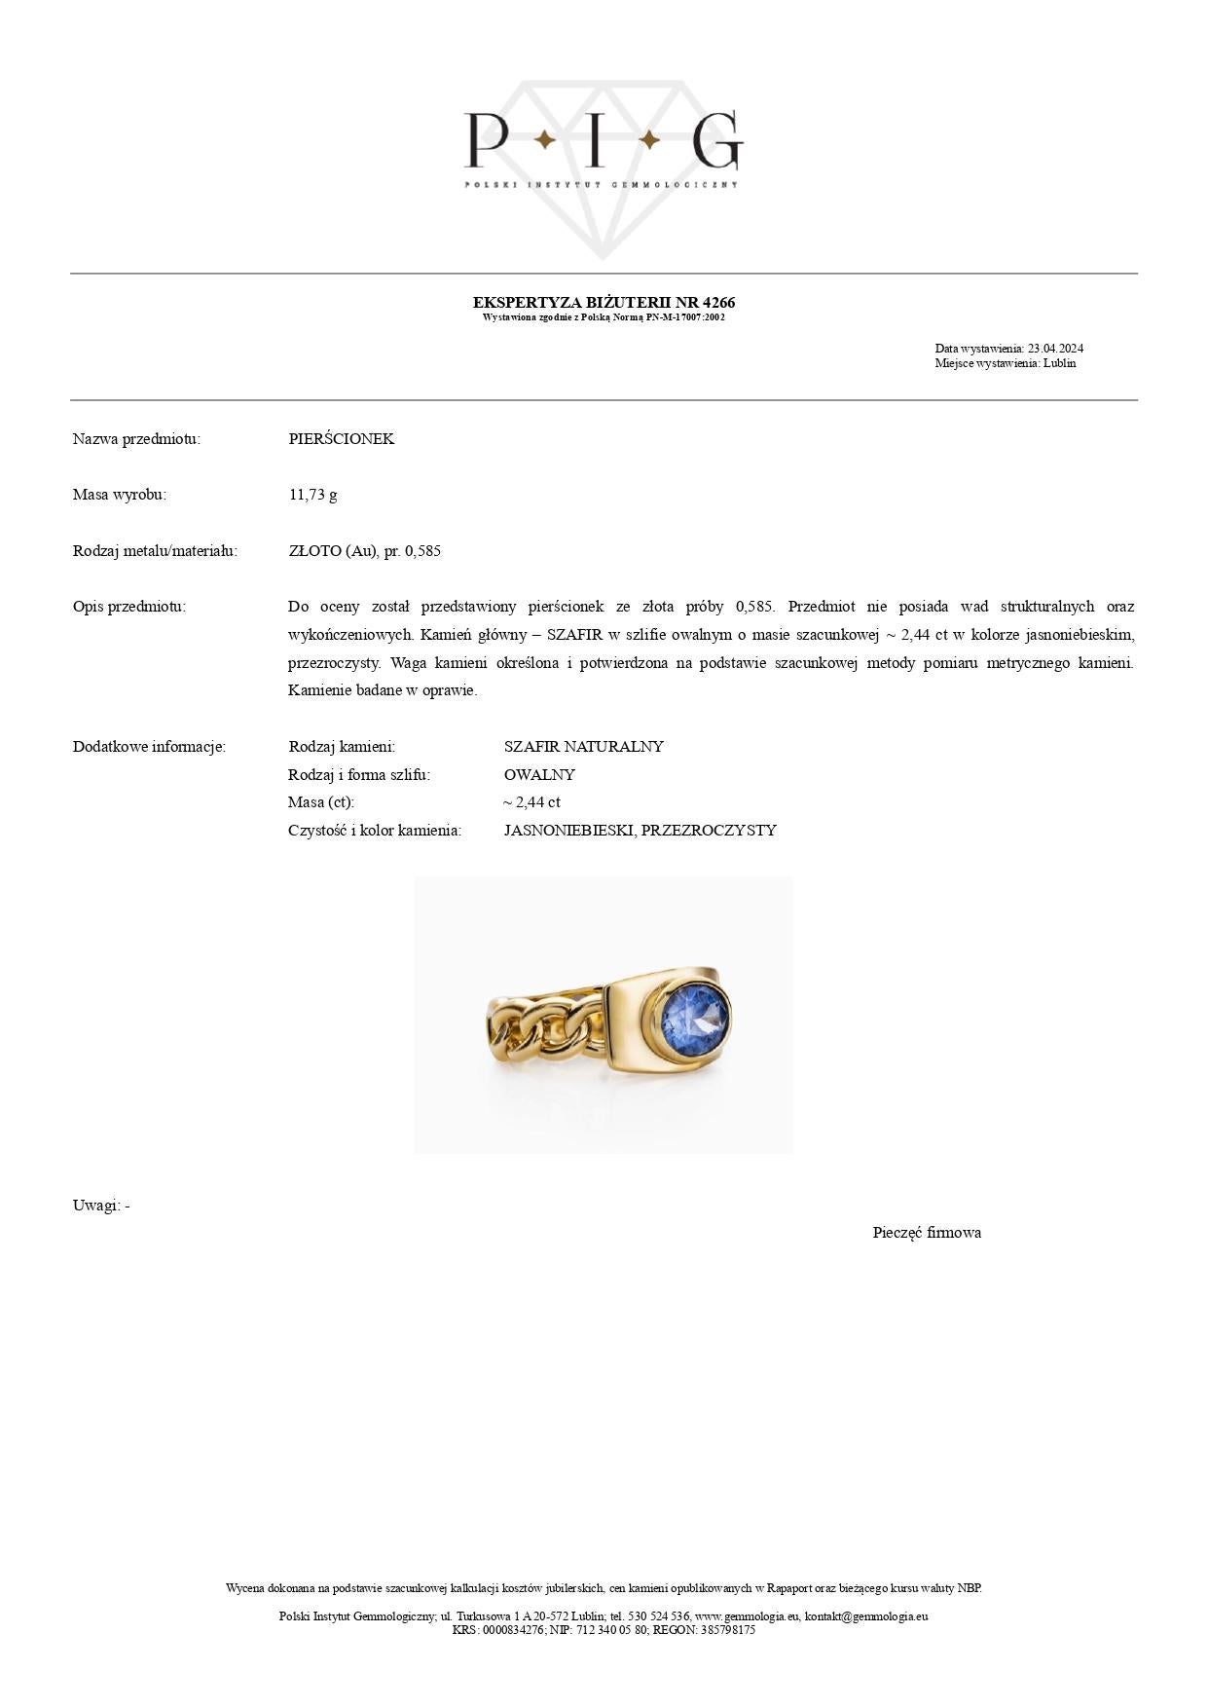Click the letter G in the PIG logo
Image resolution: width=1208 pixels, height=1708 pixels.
coord(717,140)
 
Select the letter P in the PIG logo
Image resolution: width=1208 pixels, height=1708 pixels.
coord(484,140)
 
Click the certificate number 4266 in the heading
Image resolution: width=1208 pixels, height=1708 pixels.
coord(718,302)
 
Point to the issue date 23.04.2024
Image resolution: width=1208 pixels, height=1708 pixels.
coord(1055,349)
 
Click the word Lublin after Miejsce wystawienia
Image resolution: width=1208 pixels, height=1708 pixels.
coord(1059,363)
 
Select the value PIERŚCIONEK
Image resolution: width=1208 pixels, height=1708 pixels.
coord(341,438)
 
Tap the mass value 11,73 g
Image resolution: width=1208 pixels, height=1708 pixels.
coord(312,495)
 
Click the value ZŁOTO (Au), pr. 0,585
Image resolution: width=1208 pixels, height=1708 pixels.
coord(364,551)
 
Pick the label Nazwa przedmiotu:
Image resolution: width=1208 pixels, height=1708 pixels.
coord(136,438)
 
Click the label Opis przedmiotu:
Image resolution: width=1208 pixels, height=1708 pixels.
coord(129,607)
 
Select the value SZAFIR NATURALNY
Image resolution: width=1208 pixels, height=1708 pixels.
coord(583,747)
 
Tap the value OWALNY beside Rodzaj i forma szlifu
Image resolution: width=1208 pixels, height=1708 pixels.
coord(539,775)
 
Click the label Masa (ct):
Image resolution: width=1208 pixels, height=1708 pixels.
coord(321,802)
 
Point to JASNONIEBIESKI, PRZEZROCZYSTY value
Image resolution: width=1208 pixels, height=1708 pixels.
coord(640,831)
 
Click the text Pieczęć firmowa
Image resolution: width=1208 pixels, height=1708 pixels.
coord(927,1233)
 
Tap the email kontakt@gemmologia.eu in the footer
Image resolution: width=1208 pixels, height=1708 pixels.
coord(865,1616)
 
